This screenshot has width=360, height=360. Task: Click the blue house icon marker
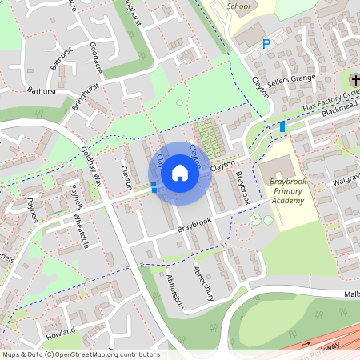179,174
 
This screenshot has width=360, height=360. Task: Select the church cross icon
355,80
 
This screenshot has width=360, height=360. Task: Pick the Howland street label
61,330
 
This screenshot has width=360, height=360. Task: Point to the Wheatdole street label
79,231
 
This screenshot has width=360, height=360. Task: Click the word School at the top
238,6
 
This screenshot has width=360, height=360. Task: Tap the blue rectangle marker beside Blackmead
282,127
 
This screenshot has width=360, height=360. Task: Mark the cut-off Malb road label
351,294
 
